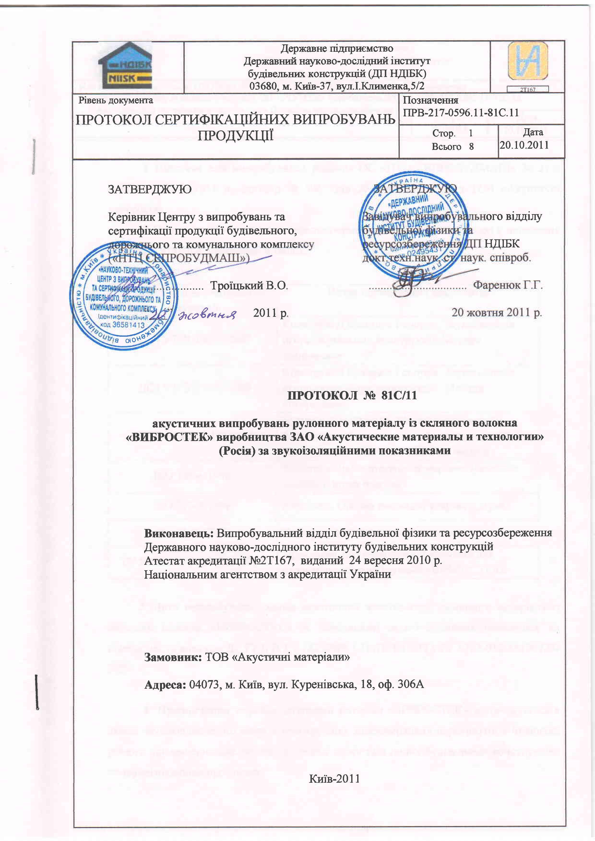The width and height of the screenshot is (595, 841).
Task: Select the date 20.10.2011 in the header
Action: tap(524, 145)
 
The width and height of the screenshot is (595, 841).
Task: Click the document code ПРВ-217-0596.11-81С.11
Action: tap(461, 112)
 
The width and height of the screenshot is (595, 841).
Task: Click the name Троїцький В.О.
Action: tap(249, 285)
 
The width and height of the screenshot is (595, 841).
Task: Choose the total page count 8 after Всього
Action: tap(471, 147)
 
